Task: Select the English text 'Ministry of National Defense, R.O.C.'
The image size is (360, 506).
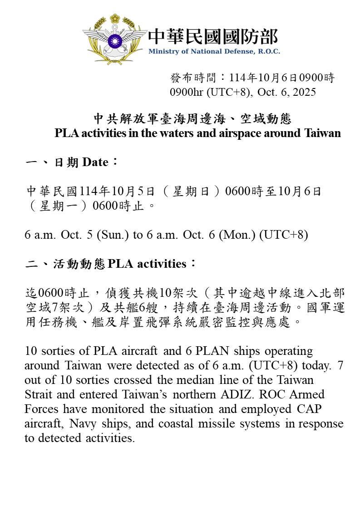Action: pos(214,51)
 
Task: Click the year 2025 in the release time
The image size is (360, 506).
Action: pos(304,92)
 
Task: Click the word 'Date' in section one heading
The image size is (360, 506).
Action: pos(95,162)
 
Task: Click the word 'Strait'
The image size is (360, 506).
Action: pos(37,395)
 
